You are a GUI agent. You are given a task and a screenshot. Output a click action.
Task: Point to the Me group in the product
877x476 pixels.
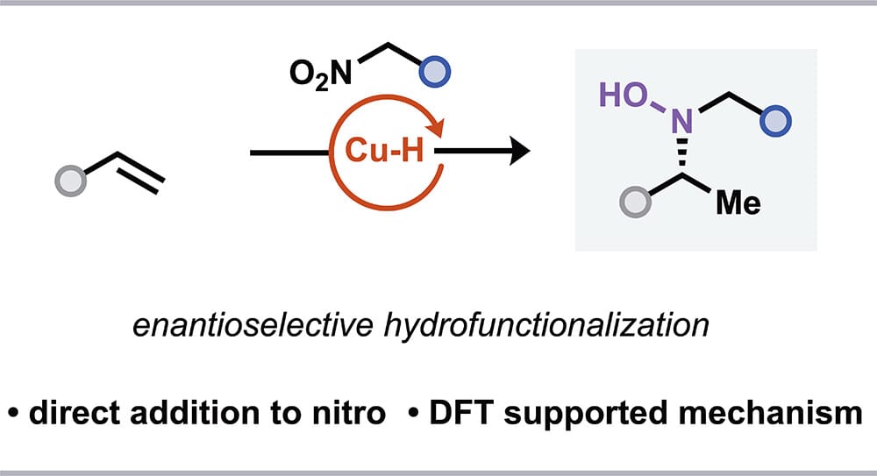(x=738, y=204)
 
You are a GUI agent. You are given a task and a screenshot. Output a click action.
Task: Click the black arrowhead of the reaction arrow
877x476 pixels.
(x=519, y=153)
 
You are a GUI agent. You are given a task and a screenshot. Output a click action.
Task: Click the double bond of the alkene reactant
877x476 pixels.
(x=139, y=173)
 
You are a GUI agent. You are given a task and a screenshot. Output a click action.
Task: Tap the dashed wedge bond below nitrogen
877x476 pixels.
(x=682, y=160)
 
